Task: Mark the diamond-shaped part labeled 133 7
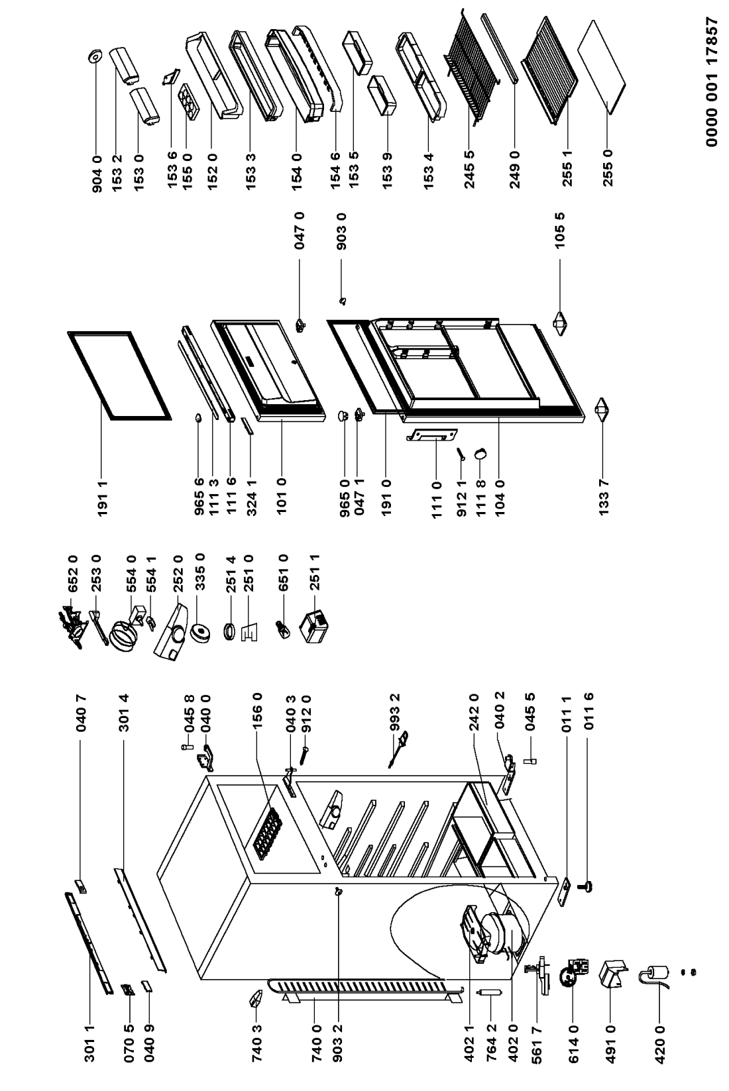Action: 602,409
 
